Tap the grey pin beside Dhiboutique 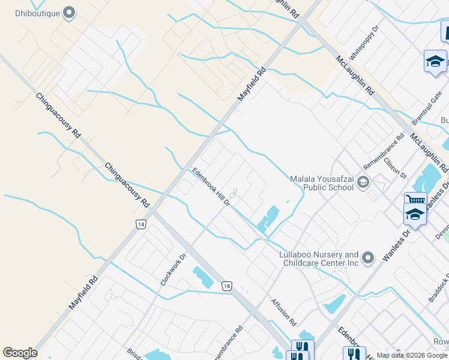click(x=69, y=12)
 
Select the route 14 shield click(x=140, y=224)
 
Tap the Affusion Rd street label click(x=283, y=312)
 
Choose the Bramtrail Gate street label click(x=427, y=108)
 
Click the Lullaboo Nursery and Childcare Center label click(x=319, y=259)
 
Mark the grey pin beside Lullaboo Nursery click(x=369, y=258)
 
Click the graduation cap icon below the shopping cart click(x=415, y=214)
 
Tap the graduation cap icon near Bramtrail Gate click(x=435, y=61)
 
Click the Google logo click(x=20, y=353)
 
